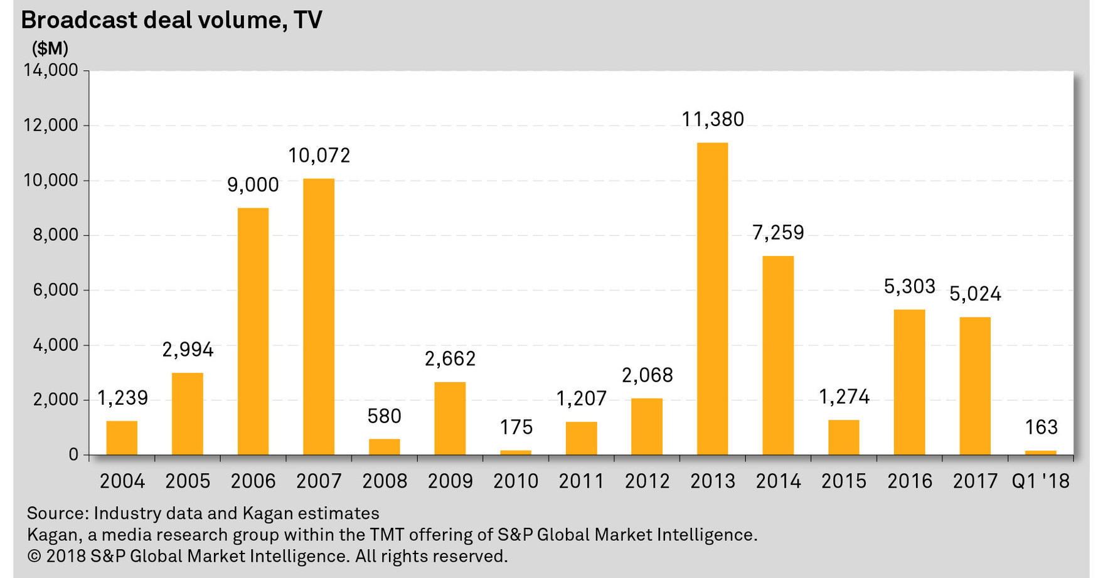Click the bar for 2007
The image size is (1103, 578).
[x=319, y=317]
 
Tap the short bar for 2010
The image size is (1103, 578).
[x=516, y=452]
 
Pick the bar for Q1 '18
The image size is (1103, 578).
[x=1040, y=452]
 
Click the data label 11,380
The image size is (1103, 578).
[x=713, y=119]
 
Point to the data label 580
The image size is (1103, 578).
[x=385, y=416]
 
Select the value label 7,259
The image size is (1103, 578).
[x=778, y=233]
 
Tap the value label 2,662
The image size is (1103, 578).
[x=450, y=359]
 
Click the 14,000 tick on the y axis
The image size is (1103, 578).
[x=51, y=70]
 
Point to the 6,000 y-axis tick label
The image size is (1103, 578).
[x=55, y=290]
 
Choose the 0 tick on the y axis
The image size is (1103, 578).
[x=74, y=454]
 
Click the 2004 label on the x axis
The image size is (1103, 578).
[x=122, y=481]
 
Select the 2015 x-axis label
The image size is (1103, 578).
[x=844, y=481]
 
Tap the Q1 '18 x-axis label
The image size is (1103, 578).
[x=1041, y=481]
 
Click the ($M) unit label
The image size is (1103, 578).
[x=50, y=48]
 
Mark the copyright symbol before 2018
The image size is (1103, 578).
[x=33, y=556]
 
